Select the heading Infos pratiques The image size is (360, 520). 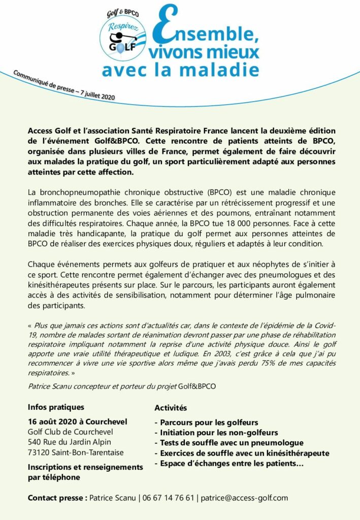[x=56, y=407]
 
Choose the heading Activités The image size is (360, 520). [x=171, y=408]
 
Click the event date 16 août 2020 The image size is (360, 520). [x=56, y=422]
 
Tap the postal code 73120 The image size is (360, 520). [x=40, y=452]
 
